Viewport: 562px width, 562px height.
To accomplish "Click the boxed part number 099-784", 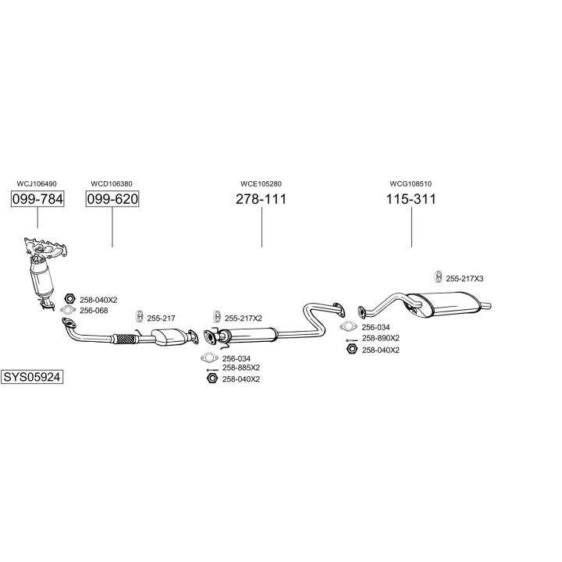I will point(37,199).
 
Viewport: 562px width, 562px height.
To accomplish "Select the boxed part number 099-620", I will point(112,199).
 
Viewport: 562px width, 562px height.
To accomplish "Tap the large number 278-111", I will point(261,199).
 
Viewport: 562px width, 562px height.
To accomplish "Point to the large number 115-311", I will point(411,199).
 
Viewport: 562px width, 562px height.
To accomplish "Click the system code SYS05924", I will point(31,376).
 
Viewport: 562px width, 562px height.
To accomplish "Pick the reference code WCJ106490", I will point(37,184).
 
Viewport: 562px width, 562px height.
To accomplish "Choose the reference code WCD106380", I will point(112,184).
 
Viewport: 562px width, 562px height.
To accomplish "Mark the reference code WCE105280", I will point(261,184).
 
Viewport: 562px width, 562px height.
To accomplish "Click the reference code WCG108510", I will point(411,184).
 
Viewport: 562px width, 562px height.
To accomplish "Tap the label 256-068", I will point(94,310).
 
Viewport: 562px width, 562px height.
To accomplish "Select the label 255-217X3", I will point(464,279).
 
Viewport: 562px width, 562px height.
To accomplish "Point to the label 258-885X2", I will point(240,368).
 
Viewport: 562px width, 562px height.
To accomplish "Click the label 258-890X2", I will point(380,339).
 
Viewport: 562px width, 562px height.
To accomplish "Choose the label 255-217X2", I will point(243,318).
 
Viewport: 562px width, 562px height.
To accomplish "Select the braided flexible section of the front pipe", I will point(124,339).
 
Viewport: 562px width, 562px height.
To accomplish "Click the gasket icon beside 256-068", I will point(68,311).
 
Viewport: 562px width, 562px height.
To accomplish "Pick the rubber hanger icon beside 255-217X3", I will point(437,277).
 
